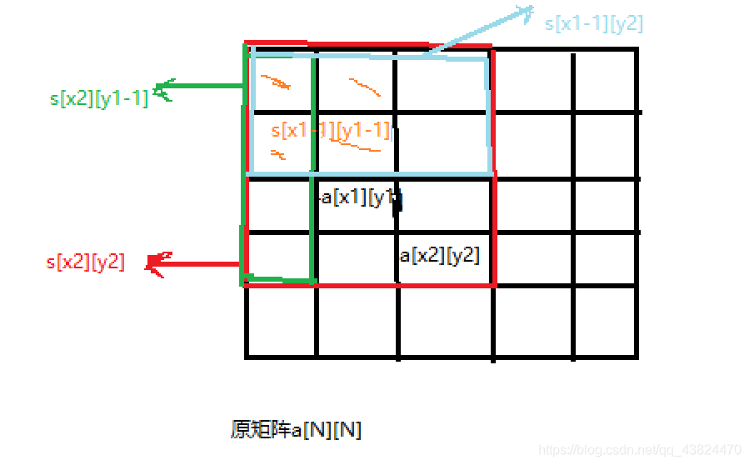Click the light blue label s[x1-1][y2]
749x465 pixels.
[593, 23]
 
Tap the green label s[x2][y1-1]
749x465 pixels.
[99, 98]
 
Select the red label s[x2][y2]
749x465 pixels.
[86, 262]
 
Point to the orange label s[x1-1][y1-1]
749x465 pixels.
[331, 130]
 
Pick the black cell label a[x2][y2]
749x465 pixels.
[439, 255]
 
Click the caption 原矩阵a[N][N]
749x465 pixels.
[296, 430]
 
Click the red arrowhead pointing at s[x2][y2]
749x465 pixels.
[156, 263]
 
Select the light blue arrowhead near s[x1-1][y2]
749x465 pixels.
[525, 12]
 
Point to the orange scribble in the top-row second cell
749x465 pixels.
[365, 87]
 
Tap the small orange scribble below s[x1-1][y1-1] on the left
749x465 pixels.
[277, 154]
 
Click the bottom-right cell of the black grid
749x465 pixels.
[606, 322]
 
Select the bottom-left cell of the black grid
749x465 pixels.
[281, 322]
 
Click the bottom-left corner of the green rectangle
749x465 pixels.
[245, 282]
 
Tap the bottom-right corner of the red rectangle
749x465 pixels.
[494, 284]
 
